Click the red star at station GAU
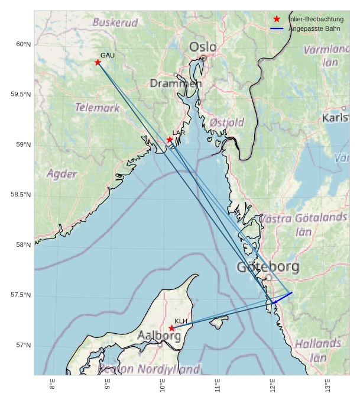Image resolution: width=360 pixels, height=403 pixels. pyautogui.click(x=98, y=62)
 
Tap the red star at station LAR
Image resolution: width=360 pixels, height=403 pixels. pyautogui.click(x=170, y=140)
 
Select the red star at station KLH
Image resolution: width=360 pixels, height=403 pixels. pyautogui.click(x=172, y=328)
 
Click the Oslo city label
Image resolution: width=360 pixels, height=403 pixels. pyautogui.click(x=203, y=47)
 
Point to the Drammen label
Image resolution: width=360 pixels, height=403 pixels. pyautogui.click(x=176, y=83)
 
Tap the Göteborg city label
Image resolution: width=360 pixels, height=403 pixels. pyautogui.click(x=268, y=267)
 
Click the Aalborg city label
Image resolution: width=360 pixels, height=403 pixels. pyautogui.click(x=159, y=336)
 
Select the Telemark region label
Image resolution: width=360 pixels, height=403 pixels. pyautogui.click(x=98, y=108)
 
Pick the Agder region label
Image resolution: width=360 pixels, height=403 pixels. pyautogui.click(x=62, y=174)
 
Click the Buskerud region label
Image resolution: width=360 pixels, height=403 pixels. pyautogui.click(x=115, y=23)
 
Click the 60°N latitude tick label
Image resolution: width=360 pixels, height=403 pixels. pyautogui.click(x=22, y=44)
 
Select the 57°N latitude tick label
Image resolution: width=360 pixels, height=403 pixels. pyautogui.click(x=22, y=346)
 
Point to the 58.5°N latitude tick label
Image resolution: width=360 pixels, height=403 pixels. pyautogui.click(x=20, y=195)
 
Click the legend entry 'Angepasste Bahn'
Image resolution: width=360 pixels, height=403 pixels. pyautogui.click(x=314, y=28)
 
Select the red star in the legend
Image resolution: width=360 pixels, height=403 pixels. pyautogui.click(x=277, y=19)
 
